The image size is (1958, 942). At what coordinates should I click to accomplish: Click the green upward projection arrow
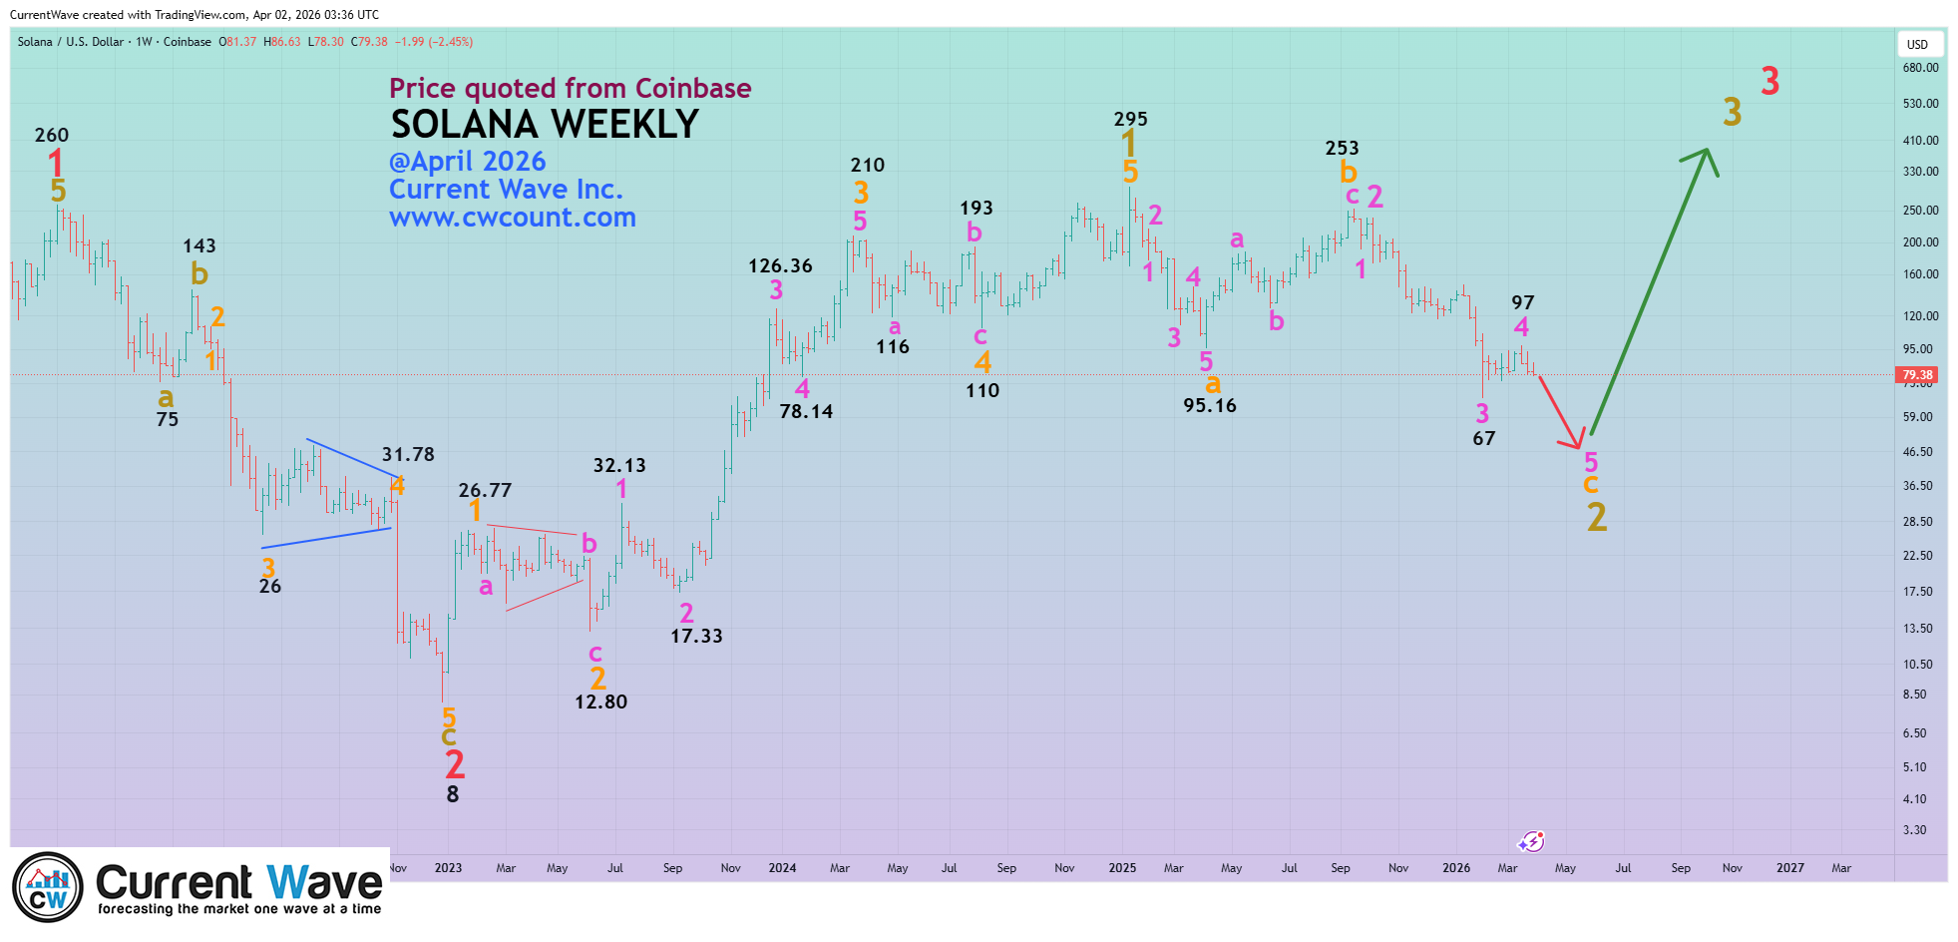(1651, 289)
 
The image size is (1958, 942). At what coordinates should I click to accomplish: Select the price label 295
(1130, 119)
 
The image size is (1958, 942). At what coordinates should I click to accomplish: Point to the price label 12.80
(600, 702)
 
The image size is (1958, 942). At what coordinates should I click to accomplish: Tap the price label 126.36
(780, 265)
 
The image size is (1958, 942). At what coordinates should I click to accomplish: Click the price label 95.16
(1209, 405)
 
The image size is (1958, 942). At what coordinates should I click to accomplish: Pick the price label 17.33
(696, 636)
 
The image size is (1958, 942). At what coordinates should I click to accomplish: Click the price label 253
(1342, 148)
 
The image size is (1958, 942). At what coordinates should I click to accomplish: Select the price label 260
(52, 135)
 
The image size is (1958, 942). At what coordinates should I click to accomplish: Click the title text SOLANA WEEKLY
(545, 125)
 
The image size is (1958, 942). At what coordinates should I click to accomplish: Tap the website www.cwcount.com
(512, 218)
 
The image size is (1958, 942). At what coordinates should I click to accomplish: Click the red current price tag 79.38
(1916, 375)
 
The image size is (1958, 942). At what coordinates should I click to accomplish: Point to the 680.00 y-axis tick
(1920, 68)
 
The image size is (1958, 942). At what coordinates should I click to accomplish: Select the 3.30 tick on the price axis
(1914, 830)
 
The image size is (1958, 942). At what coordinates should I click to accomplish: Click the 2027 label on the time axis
(1789, 868)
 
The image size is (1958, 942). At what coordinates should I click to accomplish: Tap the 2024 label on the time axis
(782, 868)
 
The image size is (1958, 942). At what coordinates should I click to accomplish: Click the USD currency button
(1917, 44)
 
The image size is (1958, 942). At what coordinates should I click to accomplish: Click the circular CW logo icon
(48, 887)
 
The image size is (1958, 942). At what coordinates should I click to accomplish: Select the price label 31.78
(408, 454)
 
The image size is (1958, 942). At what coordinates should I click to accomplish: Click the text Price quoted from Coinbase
(570, 88)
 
